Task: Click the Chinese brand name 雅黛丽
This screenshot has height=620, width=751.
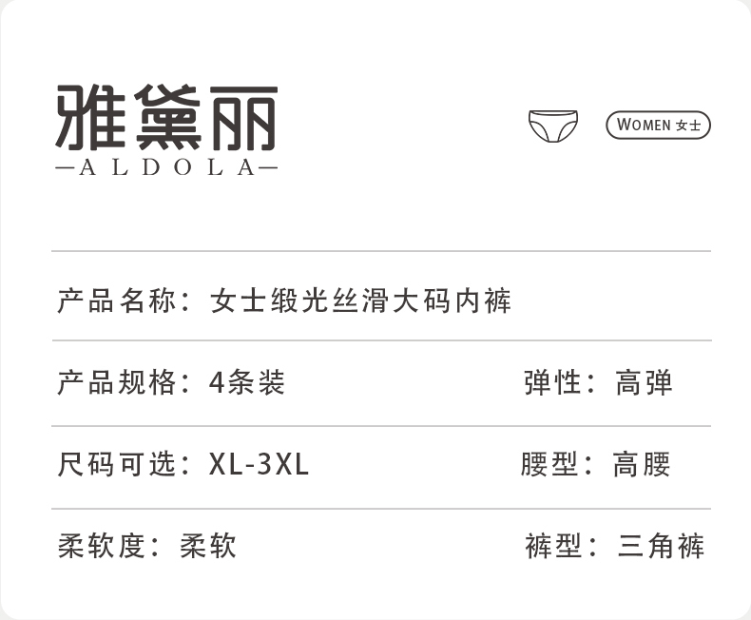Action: coord(166,117)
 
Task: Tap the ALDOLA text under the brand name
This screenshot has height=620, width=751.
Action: coord(166,168)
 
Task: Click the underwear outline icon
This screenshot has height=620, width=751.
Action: coord(552,125)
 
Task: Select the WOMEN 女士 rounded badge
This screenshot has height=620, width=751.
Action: coord(658,125)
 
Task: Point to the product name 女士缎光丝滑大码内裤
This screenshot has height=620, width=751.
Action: coord(361,301)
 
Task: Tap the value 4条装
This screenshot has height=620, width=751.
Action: coord(246,382)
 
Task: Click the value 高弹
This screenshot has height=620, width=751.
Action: coord(644,382)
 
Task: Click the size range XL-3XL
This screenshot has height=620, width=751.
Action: coord(259,464)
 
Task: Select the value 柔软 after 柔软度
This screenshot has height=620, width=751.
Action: coord(207,546)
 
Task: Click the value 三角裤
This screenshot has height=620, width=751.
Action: coord(661,546)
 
